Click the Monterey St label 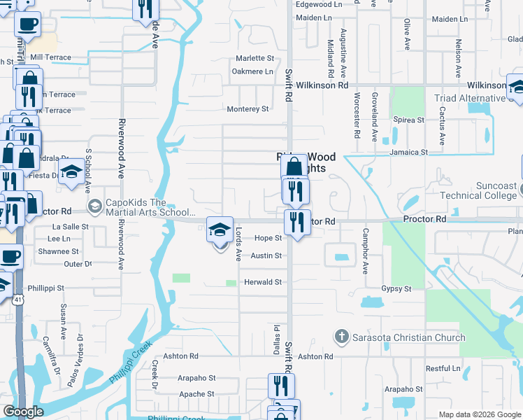[x=248, y=109]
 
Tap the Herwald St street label [x=262, y=282]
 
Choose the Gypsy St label [x=396, y=288]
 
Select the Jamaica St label [x=409, y=152]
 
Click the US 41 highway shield [x=17, y=300]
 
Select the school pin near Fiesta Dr [x=71, y=171]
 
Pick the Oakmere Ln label [x=252, y=71]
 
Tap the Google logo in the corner [x=23, y=412]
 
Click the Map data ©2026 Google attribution [x=479, y=414]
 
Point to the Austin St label [x=266, y=256]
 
